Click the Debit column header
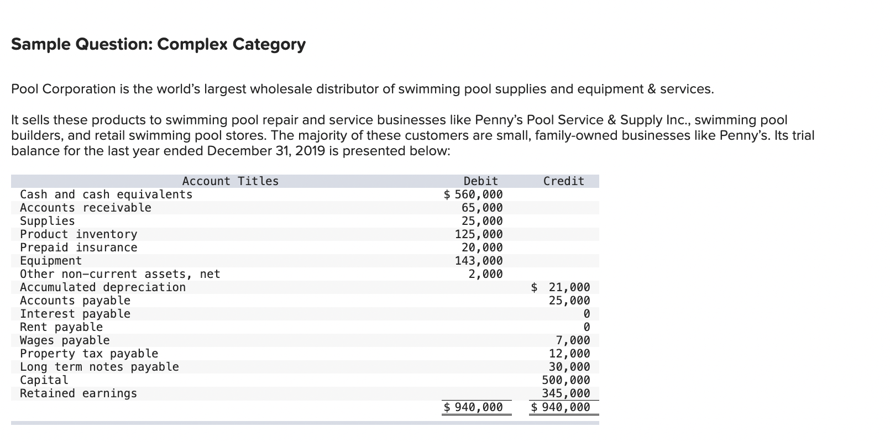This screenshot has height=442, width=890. (x=480, y=181)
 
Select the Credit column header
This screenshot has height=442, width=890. (x=563, y=181)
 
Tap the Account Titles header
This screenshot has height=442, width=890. (x=231, y=181)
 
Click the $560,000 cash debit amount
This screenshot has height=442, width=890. (x=474, y=194)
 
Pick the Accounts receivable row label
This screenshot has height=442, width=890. (x=86, y=208)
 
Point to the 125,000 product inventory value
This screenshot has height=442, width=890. (x=479, y=234)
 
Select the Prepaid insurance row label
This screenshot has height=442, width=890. (x=78, y=248)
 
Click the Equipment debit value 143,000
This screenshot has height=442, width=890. (x=479, y=261)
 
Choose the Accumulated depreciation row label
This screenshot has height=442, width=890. (x=103, y=287)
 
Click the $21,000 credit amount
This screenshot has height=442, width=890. (x=561, y=287)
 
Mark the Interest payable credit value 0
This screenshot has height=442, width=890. (x=587, y=314)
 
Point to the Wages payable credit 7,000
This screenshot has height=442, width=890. (x=573, y=340)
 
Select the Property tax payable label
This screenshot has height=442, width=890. (x=89, y=354)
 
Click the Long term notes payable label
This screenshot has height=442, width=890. (x=100, y=367)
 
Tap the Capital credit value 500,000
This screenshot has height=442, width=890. (x=566, y=380)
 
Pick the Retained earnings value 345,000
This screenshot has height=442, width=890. (x=566, y=393)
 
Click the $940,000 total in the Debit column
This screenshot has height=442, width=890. (x=474, y=407)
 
